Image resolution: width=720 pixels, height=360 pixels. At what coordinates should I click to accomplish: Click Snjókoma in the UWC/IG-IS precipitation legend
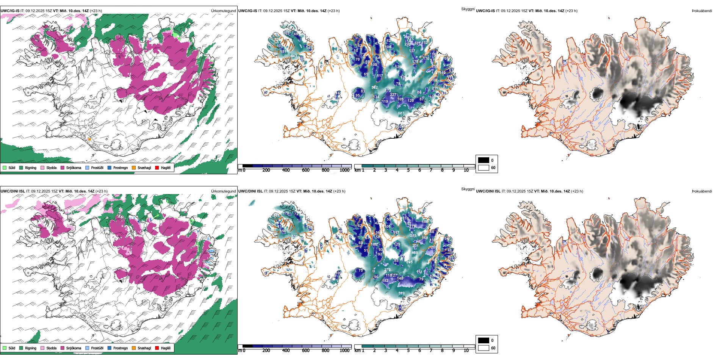(74, 167)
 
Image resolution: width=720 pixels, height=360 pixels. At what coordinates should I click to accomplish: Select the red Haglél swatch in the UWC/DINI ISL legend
(157, 348)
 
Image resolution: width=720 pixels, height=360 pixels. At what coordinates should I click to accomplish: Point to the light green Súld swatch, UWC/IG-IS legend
(5, 167)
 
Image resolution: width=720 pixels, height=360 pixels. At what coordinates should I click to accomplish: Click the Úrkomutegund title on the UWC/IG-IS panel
(223, 11)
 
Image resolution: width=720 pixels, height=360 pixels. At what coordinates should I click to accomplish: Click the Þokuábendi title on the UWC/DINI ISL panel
(702, 191)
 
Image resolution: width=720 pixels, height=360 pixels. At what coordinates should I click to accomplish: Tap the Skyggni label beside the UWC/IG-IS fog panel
(468, 9)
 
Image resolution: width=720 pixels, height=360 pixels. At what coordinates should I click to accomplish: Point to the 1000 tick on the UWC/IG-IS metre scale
(344, 170)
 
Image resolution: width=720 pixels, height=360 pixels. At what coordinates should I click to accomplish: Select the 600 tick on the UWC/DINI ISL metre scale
(305, 351)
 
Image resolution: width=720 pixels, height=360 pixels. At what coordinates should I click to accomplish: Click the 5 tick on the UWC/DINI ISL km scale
(408, 351)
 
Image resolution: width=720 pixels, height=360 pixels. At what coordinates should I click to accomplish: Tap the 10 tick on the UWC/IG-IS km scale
(466, 170)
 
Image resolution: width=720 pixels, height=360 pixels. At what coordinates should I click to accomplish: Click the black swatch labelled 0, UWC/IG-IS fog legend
(484, 160)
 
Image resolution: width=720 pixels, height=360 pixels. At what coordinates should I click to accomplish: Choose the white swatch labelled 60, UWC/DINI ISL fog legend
(484, 348)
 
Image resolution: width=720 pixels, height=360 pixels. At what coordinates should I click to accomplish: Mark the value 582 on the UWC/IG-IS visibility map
(374, 88)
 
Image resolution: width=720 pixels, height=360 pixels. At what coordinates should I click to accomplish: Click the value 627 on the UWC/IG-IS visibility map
(401, 113)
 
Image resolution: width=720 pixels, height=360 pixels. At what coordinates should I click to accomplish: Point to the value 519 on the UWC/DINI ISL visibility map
(401, 293)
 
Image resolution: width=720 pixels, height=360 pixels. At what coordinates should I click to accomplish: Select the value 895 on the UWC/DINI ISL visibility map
(409, 262)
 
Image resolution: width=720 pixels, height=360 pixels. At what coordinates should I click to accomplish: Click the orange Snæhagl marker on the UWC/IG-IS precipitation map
(89, 139)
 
